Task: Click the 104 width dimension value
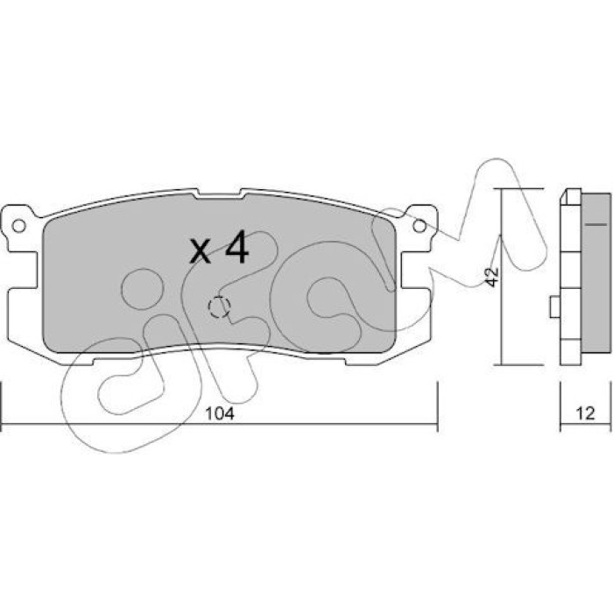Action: click(220, 413)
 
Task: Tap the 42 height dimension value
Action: click(493, 277)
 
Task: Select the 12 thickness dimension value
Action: click(585, 413)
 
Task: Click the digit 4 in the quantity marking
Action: click(237, 247)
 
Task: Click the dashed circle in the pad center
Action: click(219, 306)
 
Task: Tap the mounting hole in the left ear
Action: click(18, 226)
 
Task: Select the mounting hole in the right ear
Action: click(419, 226)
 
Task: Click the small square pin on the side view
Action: click(554, 306)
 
